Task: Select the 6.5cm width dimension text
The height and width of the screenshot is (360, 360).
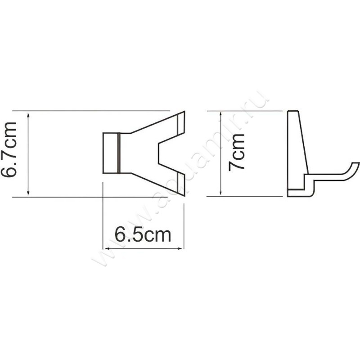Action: (x=143, y=234)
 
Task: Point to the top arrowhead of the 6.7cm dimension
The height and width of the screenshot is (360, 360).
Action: (x=29, y=114)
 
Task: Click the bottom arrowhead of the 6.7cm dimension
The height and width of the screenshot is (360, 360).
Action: (x=29, y=193)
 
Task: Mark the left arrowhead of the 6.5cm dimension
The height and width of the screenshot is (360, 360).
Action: (x=107, y=248)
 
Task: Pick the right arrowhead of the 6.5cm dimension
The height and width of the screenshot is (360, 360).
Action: (x=181, y=248)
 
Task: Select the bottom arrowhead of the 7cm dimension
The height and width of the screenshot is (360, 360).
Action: (x=221, y=193)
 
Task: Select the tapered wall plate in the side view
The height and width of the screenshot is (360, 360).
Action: (x=297, y=148)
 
